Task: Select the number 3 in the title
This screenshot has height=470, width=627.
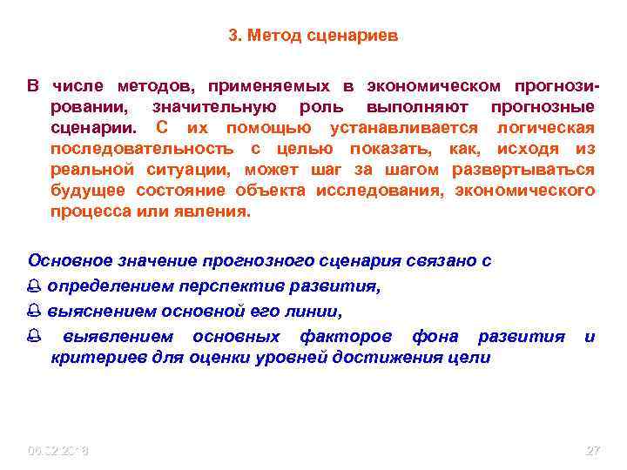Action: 233,37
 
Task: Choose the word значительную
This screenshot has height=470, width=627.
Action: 214,107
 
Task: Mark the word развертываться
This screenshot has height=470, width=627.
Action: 534,170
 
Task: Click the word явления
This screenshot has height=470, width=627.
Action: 217,211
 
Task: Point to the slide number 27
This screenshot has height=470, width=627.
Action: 593,451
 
